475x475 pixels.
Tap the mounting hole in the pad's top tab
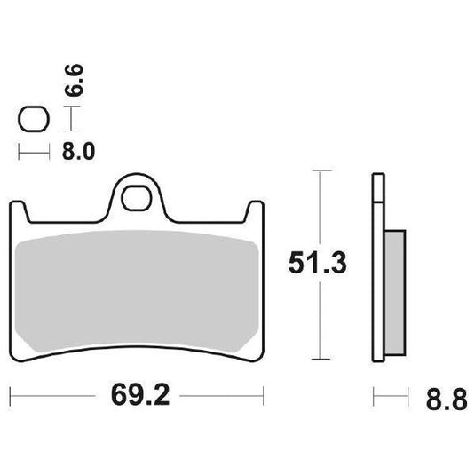tap(137, 197)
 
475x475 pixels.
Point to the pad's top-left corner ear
tap(17, 210)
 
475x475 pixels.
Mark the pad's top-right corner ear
tap(256, 210)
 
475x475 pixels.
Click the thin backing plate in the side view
tap(376, 266)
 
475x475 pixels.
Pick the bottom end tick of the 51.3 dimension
tap(318, 360)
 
